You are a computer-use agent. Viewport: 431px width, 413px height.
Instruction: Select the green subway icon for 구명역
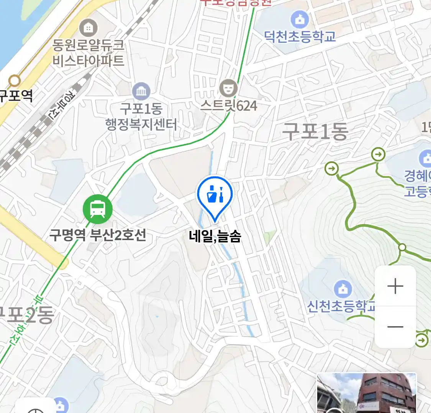[98, 209]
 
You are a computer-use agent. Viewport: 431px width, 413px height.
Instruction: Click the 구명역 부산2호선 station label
[98, 234]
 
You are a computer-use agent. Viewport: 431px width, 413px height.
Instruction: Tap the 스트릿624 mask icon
[229, 88]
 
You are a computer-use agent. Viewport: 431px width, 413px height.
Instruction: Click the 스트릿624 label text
[229, 106]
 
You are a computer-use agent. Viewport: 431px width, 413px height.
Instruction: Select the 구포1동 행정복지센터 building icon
[141, 91]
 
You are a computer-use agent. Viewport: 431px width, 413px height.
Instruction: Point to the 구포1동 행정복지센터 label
[141, 117]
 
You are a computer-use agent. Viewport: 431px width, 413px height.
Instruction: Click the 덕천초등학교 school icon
[300, 19]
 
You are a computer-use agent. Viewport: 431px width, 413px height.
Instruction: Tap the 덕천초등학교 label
[300, 37]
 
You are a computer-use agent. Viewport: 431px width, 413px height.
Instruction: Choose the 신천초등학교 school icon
[343, 289]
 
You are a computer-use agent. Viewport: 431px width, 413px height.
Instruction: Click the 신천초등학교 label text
[341, 306]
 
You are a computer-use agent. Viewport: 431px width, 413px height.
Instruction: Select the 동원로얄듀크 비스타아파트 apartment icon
[88, 28]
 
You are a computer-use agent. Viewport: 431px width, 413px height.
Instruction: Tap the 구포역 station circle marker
[15, 81]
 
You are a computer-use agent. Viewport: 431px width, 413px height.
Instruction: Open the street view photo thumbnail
[367, 393]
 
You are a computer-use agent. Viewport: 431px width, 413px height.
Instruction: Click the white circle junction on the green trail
[402, 247]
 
